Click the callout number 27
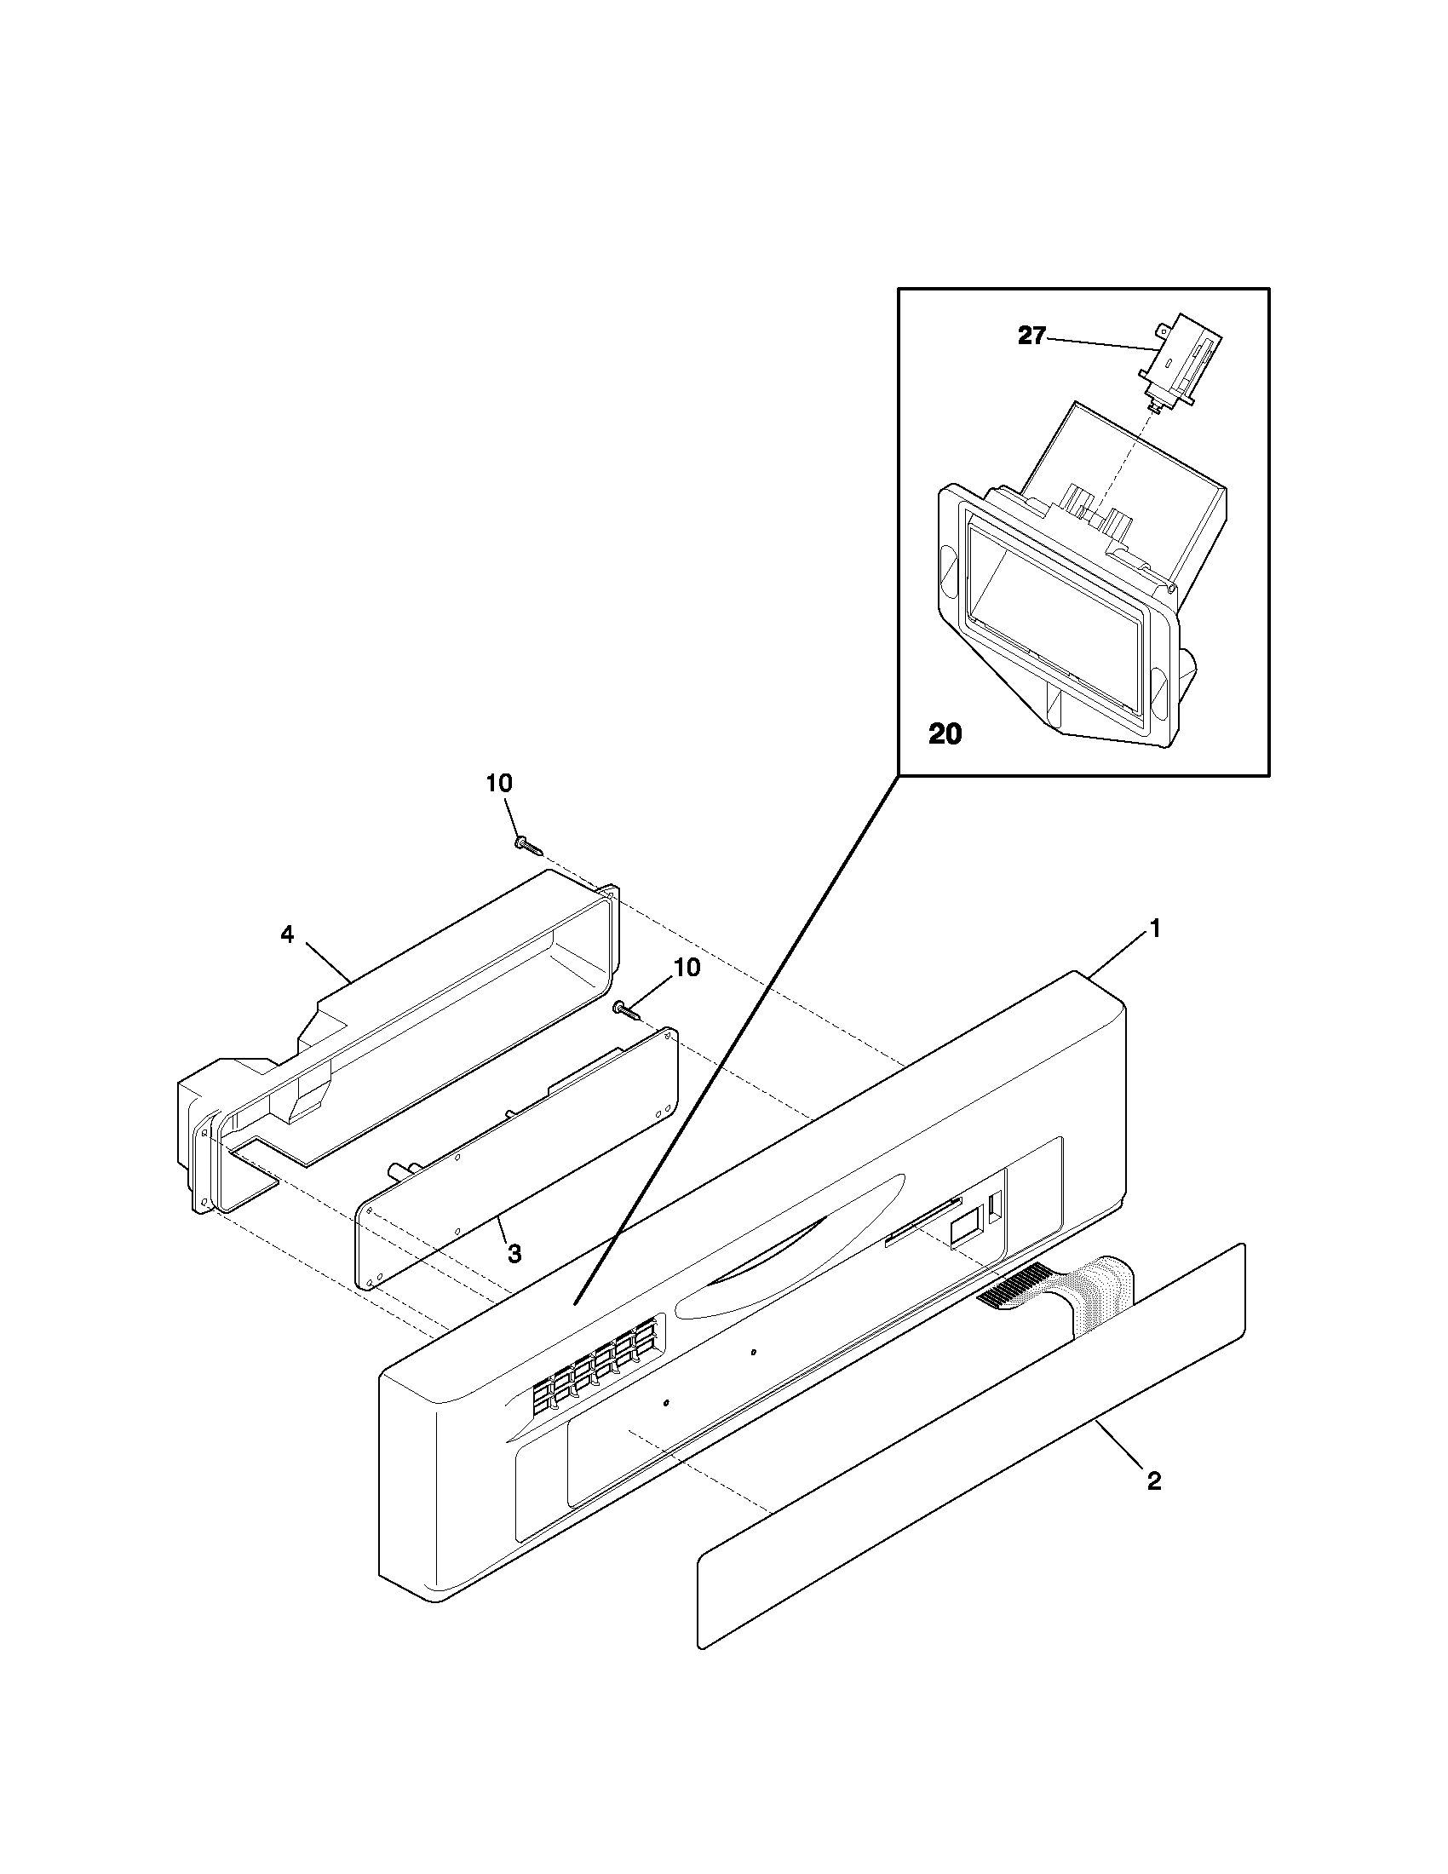1031,336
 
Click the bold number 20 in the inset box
945,734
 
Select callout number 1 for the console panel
1155,928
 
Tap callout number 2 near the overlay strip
1154,1480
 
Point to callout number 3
514,1254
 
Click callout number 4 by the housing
287,935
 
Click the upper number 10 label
499,783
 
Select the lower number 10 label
687,968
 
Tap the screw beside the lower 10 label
627,1013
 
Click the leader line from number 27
1098,343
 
